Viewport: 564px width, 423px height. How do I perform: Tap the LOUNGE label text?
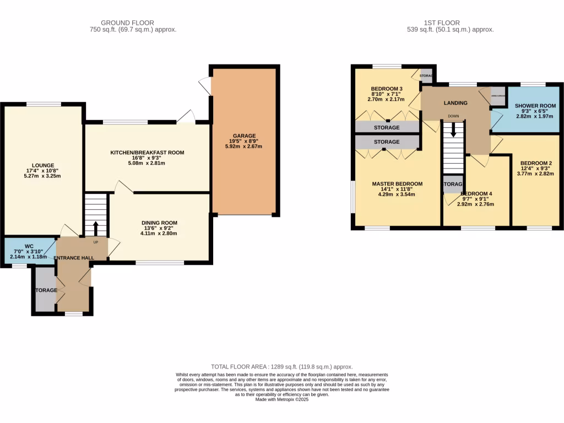tap(42, 165)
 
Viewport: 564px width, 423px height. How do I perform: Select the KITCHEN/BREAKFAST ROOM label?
tap(147, 152)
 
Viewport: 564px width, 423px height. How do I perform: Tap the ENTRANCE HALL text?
tap(73, 258)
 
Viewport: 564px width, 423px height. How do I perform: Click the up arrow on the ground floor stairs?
tap(95, 227)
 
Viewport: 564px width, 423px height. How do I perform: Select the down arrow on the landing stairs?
tap(454, 129)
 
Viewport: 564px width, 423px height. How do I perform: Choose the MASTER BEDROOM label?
tap(397, 184)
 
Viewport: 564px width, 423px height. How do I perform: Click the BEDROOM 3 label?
tap(387, 89)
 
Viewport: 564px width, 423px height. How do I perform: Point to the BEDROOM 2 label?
tap(531, 162)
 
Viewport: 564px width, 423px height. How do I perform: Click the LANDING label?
tap(455, 103)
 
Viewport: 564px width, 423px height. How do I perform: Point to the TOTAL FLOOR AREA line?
tap(282, 366)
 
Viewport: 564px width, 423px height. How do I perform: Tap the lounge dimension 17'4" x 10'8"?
tap(42, 171)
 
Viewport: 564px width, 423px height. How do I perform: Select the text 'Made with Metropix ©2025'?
tap(282, 400)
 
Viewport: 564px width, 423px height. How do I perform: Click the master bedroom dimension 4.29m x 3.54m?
tap(397, 194)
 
